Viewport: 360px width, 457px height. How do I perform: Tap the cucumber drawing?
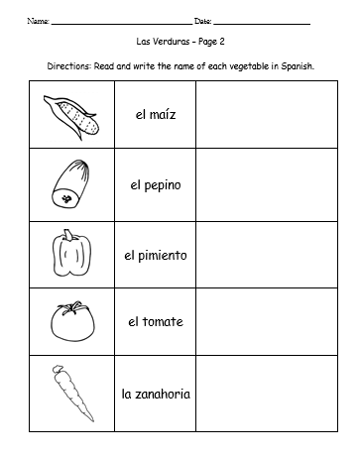(x=67, y=184)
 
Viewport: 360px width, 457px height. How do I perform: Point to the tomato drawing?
(x=67, y=322)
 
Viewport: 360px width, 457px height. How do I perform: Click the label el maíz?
(x=155, y=115)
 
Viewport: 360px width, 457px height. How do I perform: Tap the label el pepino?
(x=155, y=185)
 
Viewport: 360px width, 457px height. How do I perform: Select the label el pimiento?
(x=155, y=255)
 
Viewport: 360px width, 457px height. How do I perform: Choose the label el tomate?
(x=155, y=323)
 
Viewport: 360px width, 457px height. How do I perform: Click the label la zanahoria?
(x=155, y=394)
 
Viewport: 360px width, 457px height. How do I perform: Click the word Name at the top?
(x=37, y=21)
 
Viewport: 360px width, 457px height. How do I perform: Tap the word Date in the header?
(x=202, y=21)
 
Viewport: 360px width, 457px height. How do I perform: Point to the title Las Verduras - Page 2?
(x=180, y=44)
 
